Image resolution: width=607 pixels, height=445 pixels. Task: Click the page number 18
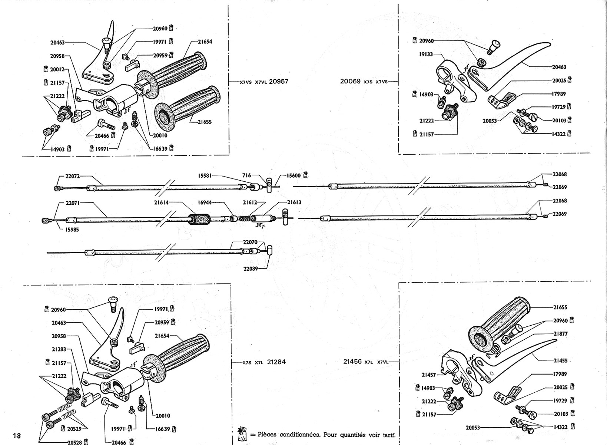click(17, 435)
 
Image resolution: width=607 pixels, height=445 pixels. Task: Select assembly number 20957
click(279, 81)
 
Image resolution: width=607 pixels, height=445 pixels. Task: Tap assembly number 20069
click(351, 81)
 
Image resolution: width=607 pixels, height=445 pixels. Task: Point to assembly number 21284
click(276, 362)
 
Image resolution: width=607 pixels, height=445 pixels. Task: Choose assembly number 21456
click(352, 362)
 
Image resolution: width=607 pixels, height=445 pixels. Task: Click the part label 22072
click(73, 176)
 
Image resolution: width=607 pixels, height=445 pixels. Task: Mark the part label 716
click(246, 175)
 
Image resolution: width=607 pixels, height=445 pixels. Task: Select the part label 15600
click(294, 175)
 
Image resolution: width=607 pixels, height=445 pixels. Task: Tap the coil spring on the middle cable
click(245, 218)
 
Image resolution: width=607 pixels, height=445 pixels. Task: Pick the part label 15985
click(72, 230)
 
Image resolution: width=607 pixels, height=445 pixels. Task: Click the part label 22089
click(251, 269)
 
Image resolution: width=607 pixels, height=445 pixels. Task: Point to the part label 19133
click(426, 54)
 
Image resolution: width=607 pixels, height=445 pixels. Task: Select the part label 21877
click(560, 334)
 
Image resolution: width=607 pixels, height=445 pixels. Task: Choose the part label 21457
click(429, 375)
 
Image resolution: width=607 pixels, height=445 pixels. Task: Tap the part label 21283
click(59, 349)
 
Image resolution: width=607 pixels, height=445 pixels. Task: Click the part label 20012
click(57, 69)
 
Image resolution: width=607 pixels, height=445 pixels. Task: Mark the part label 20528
click(75, 442)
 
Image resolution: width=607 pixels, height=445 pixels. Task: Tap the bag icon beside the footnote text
click(242, 434)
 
